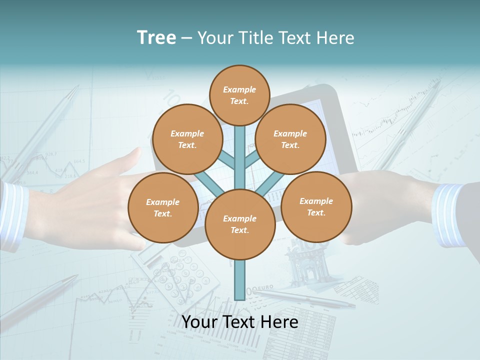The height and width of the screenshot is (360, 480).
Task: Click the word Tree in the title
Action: click(x=156, y=38)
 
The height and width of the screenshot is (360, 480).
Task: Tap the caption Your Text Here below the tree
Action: click(x=240, y=322)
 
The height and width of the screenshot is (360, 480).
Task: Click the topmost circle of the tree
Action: click(x=239, y=95)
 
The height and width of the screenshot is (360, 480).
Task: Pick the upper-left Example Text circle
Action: click(x=187, y=139)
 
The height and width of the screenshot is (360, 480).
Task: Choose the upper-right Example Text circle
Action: click(x=290, y=139)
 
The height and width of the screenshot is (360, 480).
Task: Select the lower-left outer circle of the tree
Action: click(x=162, y=208)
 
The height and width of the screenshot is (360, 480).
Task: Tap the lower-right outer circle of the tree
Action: click(x=316, y=206)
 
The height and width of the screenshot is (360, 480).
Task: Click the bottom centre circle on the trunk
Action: click(x=239, y=224)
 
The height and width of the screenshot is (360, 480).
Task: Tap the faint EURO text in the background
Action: click(x=262, y=288)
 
